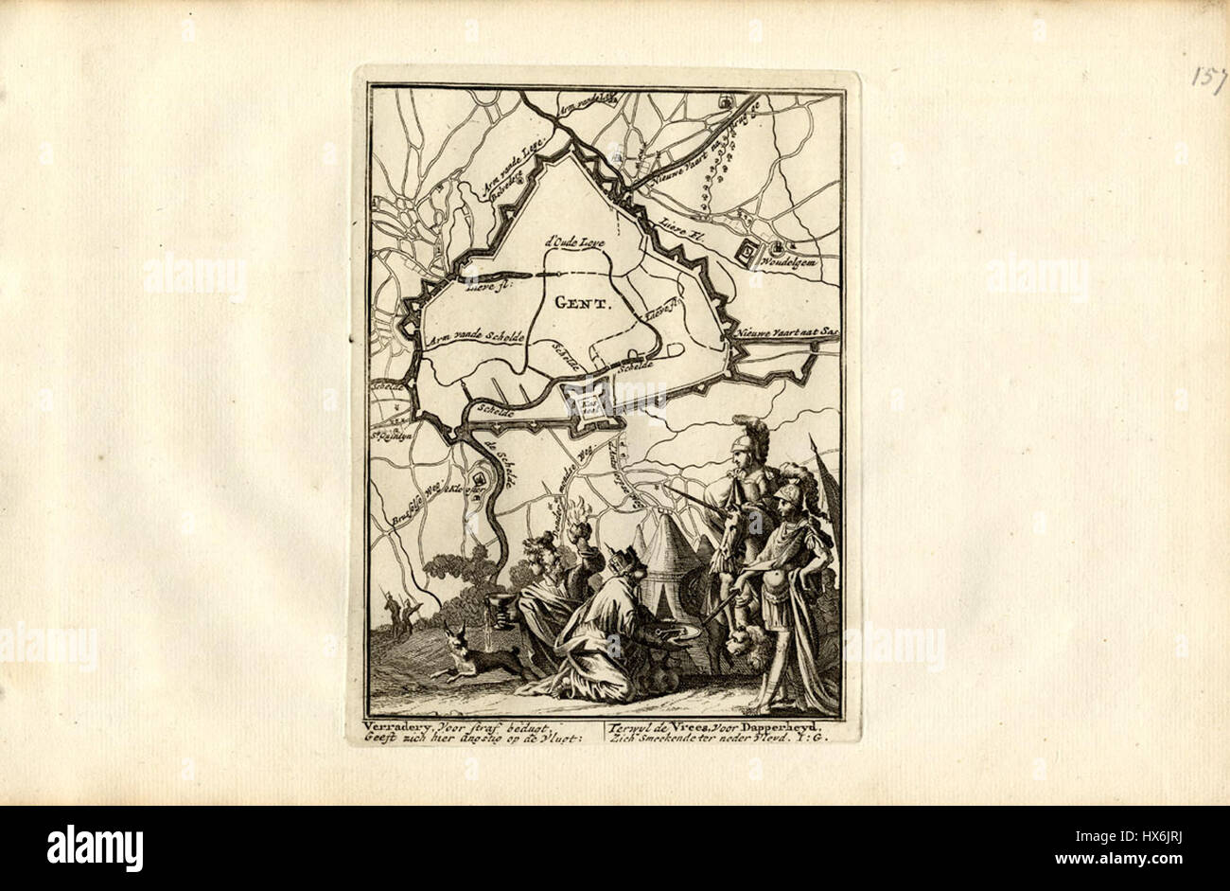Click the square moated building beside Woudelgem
coord(749,252)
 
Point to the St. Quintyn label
coord(387,436)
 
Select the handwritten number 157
coord(1208,77)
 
